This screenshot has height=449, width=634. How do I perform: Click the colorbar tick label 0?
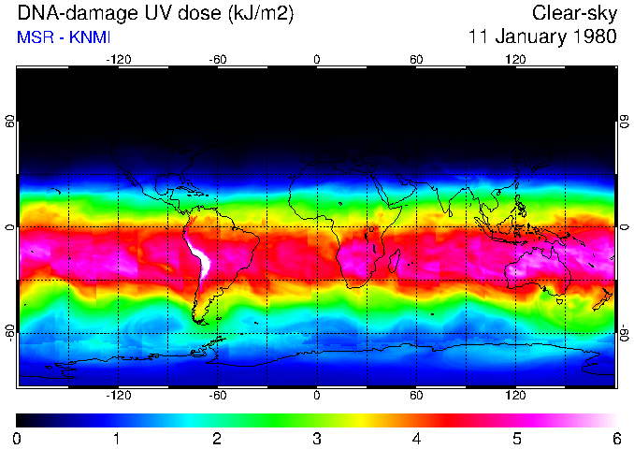(17, 438)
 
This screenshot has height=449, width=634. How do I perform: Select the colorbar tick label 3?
(316, 438)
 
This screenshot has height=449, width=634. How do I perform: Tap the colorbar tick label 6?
(615, 438)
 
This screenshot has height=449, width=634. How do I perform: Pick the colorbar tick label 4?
(416, 438)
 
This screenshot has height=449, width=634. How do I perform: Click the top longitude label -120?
(118, 60)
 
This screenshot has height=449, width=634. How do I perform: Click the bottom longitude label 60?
(416, 395)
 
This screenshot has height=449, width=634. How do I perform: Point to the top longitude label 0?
(316, 60)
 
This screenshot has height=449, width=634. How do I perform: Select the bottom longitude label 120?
(515, 395)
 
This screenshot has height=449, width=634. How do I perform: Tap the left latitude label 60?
(9, 122)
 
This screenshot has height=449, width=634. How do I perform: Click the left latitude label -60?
(9, 332)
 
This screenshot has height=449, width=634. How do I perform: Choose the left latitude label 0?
(9, 227)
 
